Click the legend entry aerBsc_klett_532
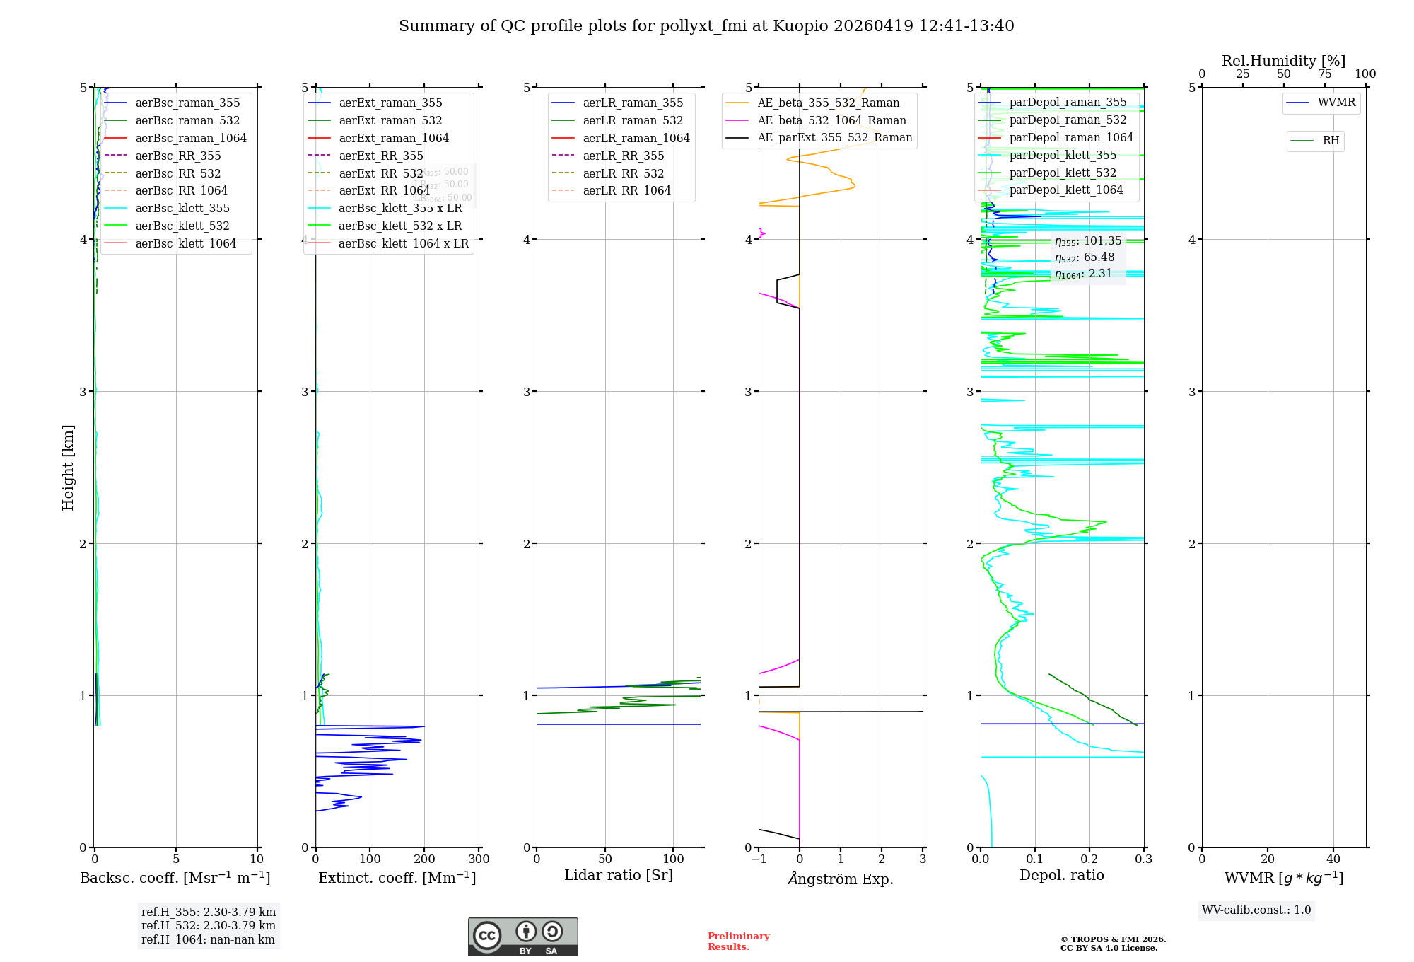coord(182,226)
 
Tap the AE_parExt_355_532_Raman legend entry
coord(834,137)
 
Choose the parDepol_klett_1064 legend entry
coord(1066,190)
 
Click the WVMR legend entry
coord(1336,103)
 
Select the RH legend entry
coord(1331,141)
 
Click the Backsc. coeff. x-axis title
coord(175,878)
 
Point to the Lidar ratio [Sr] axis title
coord(619,875)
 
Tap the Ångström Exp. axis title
coord(841,879)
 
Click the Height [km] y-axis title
coord(68,468)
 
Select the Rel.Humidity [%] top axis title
coord(1283,61)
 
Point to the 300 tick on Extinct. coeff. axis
coord(479,859)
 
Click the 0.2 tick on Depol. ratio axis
coord(1089,859)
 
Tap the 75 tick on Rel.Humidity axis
coord(1324,74)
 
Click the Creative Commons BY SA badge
coord(523,937)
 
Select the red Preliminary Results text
coord(738,941)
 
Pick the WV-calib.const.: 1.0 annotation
coord(1256,910)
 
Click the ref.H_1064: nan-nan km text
coord(208,940)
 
